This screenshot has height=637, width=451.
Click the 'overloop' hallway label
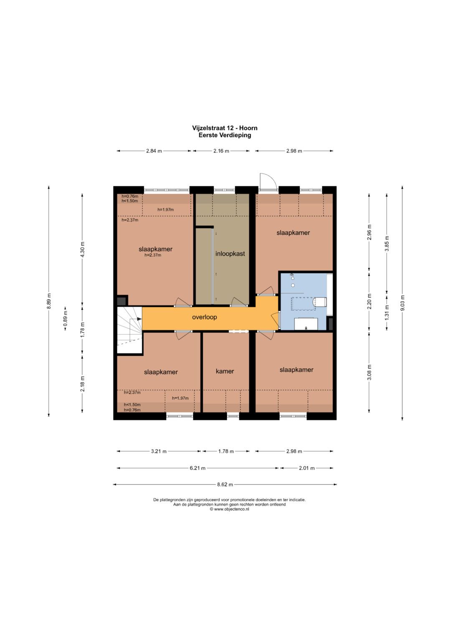[x=205, y=317]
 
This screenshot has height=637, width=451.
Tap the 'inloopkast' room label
[x=230, y=254]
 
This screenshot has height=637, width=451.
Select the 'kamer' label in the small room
[x=225, y=371]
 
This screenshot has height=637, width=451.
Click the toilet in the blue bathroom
[x=319, y=302]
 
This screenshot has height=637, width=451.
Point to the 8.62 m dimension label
[x=225, y=485]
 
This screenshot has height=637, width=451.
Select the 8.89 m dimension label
[x=49, y=301]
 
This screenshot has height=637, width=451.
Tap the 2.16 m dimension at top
[x=221, y=151]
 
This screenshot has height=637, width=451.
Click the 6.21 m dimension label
[x=198, y=468]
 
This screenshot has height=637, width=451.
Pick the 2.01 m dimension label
[x=307, y=468]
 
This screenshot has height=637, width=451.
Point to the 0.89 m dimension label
[x=65, y=319]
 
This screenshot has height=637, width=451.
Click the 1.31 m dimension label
[x=387, y=312]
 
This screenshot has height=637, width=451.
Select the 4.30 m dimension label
[x=82, y=249]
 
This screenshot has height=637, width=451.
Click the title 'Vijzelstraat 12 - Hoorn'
[x=225, y=128]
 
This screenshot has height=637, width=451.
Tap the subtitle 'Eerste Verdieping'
[x=225, y=135]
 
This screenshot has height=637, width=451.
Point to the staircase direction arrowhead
[x=139, y=319]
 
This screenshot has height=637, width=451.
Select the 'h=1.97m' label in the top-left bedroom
[x=165, y=209]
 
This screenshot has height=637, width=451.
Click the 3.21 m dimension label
[x=159, y=451]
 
